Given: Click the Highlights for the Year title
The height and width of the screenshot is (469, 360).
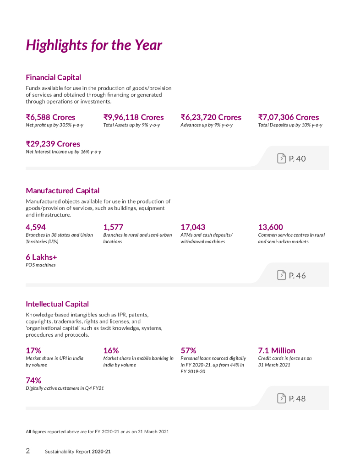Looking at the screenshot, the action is point(94,45).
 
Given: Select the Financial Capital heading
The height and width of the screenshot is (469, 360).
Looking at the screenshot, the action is point(53,77).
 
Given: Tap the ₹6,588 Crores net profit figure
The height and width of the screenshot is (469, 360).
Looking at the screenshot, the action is point(50,117).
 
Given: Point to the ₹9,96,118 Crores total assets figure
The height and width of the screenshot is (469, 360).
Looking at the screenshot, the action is point(133,117).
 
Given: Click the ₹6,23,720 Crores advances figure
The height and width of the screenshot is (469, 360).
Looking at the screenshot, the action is point(211,117).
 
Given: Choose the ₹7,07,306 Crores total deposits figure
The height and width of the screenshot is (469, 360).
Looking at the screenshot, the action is point(289,117).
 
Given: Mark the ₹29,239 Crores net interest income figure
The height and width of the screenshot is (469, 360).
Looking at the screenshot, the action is point(53,144).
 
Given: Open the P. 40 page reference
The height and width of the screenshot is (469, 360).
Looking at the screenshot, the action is point(297,158).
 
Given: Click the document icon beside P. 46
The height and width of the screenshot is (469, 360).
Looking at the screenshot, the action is point(281,275).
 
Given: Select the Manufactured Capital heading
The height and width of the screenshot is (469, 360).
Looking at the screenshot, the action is point(62,191).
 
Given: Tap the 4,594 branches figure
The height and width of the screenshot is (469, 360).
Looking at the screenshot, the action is point(36,227).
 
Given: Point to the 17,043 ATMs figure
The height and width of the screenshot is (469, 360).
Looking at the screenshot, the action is point(193,227).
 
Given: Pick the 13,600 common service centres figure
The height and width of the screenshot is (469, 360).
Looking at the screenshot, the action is point(270,227).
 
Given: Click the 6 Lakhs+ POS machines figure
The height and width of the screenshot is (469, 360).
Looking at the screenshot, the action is point(41,257).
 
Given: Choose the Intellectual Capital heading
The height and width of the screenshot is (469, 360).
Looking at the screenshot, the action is point(57,304).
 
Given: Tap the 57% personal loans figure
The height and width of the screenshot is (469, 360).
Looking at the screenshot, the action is point(188,350).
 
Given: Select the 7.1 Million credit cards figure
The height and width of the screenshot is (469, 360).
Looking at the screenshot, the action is point(277,350).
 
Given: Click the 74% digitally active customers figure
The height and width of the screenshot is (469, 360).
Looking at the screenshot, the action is point(33,381).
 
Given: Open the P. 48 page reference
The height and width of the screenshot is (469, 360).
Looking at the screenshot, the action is point(297,399).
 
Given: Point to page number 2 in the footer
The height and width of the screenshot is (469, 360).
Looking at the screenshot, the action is point(28,451).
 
